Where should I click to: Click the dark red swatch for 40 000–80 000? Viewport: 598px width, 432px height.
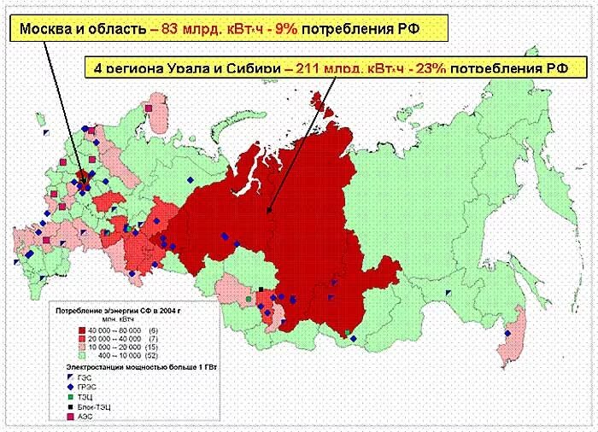82,330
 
